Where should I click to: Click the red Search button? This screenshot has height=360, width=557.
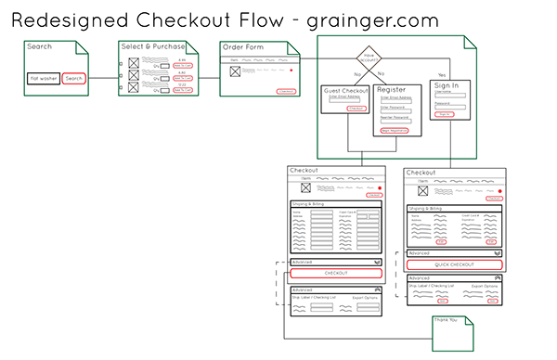point(74,78)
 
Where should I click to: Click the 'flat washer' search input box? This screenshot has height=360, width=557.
point(44,78)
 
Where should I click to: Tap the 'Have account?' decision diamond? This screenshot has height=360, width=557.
point(369,58)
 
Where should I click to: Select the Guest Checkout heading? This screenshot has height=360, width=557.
point(346,91)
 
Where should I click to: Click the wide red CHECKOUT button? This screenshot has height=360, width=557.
point(336,273)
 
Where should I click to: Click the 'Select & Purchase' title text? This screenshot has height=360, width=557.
point(153,46)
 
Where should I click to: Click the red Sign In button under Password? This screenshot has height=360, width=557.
point(445,114)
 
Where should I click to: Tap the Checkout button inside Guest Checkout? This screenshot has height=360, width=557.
point(356,109)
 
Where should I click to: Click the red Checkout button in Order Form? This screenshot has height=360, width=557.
point(286,91)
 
